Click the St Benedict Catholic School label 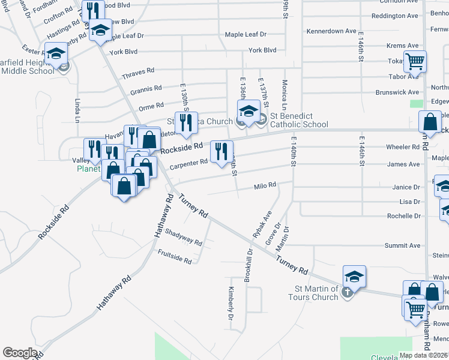299,120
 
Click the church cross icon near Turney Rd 346,292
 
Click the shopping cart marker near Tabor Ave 415,61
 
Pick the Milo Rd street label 265,186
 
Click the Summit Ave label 402,245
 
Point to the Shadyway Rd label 182,238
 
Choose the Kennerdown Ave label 331,31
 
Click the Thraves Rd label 134,76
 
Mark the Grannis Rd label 146,89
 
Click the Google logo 19,353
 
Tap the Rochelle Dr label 403,216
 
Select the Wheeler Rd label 403,147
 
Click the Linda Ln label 77,111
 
